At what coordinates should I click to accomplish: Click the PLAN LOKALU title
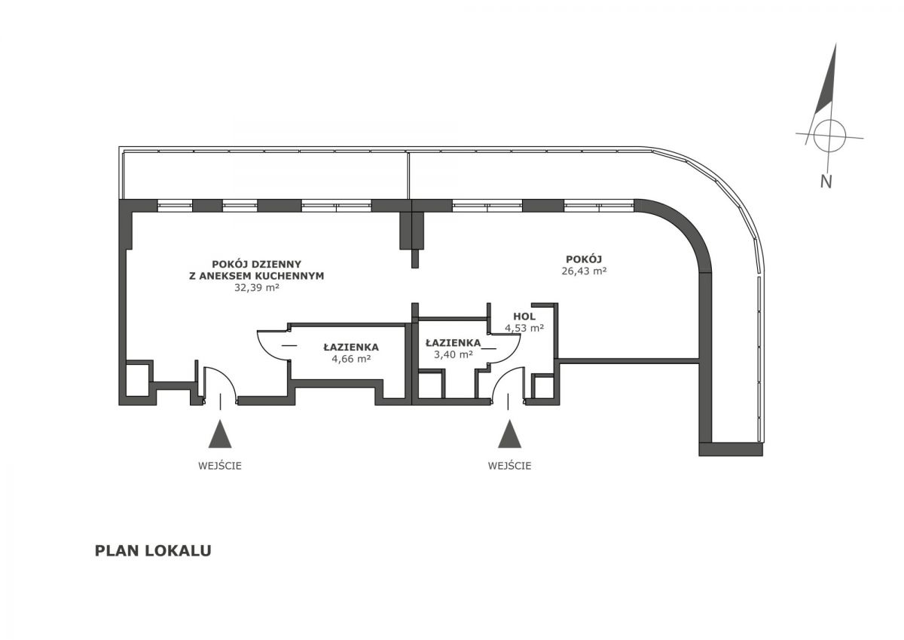pos(153,551)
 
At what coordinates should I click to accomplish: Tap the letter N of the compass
pos(826,182)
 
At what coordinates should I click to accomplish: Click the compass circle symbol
pos(829,136)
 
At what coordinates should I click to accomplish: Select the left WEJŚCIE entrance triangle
pos(220,433)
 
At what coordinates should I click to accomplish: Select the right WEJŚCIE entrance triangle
pos(509,433)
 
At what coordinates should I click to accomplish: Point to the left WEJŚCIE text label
pos(220,466)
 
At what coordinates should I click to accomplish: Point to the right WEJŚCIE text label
pos(509,466)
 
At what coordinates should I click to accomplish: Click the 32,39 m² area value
pos(257,288)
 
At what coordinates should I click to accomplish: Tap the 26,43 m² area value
pos(584,271)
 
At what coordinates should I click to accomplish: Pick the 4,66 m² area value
pos(351,359)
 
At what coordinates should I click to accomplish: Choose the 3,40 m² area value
pos(454,354)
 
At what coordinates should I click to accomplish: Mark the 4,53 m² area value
pos(524,328)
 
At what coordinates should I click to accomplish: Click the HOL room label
pos(524,316)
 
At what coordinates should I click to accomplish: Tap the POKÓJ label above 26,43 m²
pos(584,259)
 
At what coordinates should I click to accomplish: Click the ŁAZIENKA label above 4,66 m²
pos(351,348)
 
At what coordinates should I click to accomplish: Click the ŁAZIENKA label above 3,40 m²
pos(454,343)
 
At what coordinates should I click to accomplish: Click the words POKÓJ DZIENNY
pos(257,264)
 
